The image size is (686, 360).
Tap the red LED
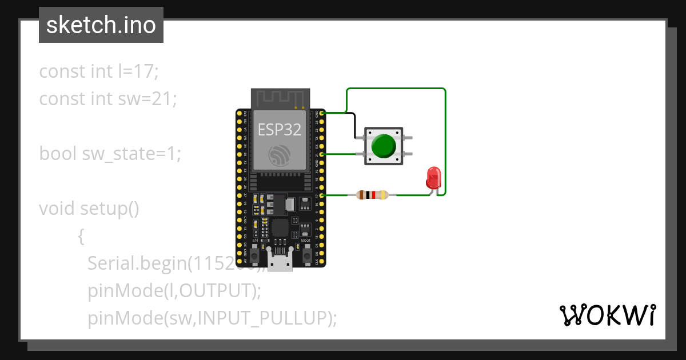[x=434, y=178]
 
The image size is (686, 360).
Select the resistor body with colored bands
[x=372, y=195]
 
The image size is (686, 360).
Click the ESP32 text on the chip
[x=280, y=129]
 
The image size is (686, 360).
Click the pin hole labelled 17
[x=322, y=195]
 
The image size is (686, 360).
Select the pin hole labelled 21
[x=322, y=154]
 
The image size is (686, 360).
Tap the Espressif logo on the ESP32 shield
[x=280, y=155]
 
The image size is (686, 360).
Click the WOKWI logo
[x=607, y=315]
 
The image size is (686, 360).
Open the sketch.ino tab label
[x=101, y=26]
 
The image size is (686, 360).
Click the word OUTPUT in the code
[x=217, y=291]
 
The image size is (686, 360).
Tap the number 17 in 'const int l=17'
[x=146, y=71]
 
